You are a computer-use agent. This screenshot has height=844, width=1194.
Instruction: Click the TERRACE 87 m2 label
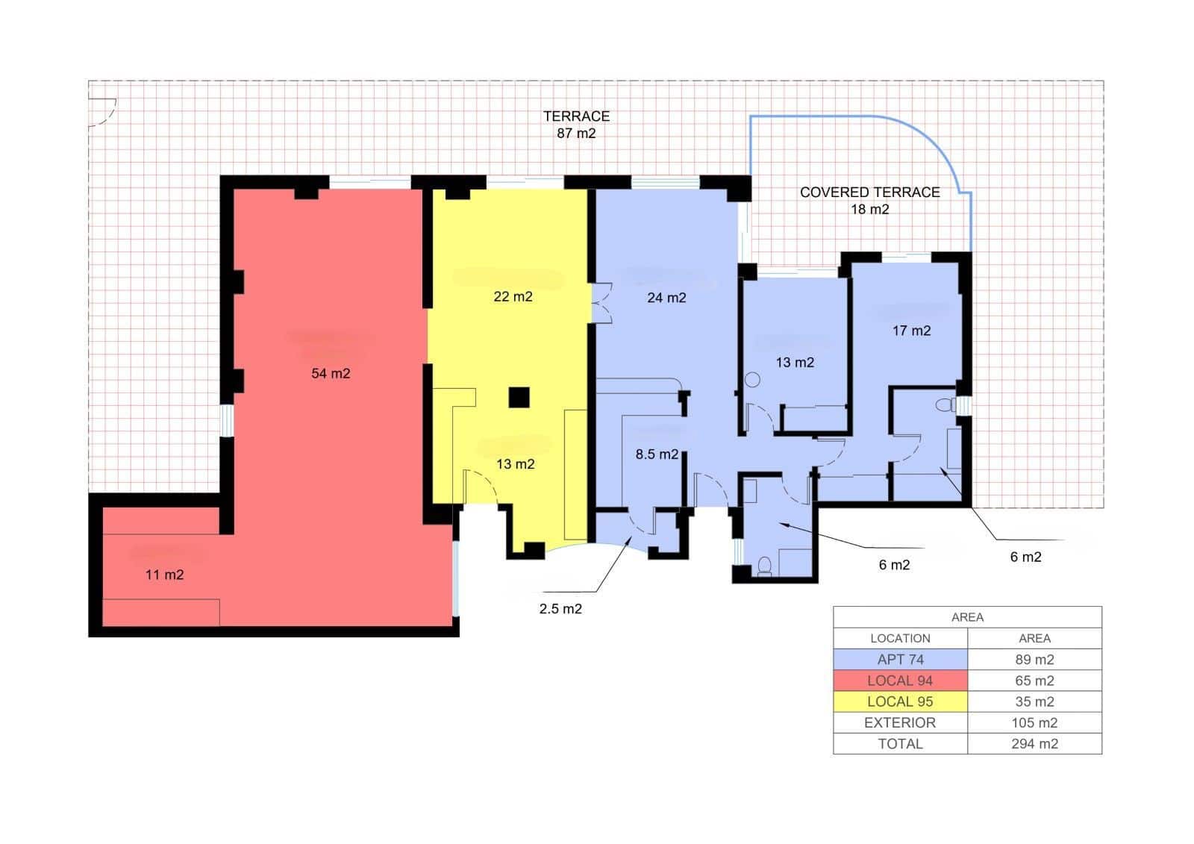click(576, 125)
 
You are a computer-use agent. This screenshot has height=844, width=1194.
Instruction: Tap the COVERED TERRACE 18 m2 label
click(869, 201)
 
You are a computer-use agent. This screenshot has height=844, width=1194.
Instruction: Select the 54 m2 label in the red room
click(331, 373)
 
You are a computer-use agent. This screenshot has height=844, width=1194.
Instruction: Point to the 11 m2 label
click(164, 575)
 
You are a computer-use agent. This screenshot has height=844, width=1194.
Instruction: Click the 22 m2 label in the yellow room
click(513, 296)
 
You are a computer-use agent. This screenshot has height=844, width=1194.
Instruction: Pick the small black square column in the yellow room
click(519, 397)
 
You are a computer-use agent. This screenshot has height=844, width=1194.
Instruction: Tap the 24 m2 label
click(666, 298)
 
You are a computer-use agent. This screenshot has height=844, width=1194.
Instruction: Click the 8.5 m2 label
click(657, 454)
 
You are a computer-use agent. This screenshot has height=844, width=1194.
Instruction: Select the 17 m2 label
click(911, 331)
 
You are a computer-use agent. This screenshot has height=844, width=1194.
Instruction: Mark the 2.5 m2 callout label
click(560, 609)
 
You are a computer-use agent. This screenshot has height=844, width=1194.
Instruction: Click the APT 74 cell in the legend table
click(900, 660)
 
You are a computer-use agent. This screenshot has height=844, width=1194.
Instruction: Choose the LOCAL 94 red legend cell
click(900, 681)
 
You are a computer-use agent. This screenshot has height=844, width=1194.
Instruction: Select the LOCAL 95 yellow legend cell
click(900, 701)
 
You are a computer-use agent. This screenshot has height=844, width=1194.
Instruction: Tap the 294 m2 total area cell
click(1034, 744)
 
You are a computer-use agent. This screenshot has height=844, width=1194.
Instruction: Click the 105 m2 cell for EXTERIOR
click(1034, 722)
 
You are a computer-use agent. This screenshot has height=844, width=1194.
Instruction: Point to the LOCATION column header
click(900, 639)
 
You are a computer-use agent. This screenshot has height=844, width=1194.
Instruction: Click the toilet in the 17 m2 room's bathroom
click(945, 405)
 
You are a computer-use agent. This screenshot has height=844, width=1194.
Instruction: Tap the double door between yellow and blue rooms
click(601, 302)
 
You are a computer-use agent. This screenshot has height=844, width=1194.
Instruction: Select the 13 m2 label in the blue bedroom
click(795, 363)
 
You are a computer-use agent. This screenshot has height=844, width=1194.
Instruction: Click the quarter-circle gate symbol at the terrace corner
click(104, 112)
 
